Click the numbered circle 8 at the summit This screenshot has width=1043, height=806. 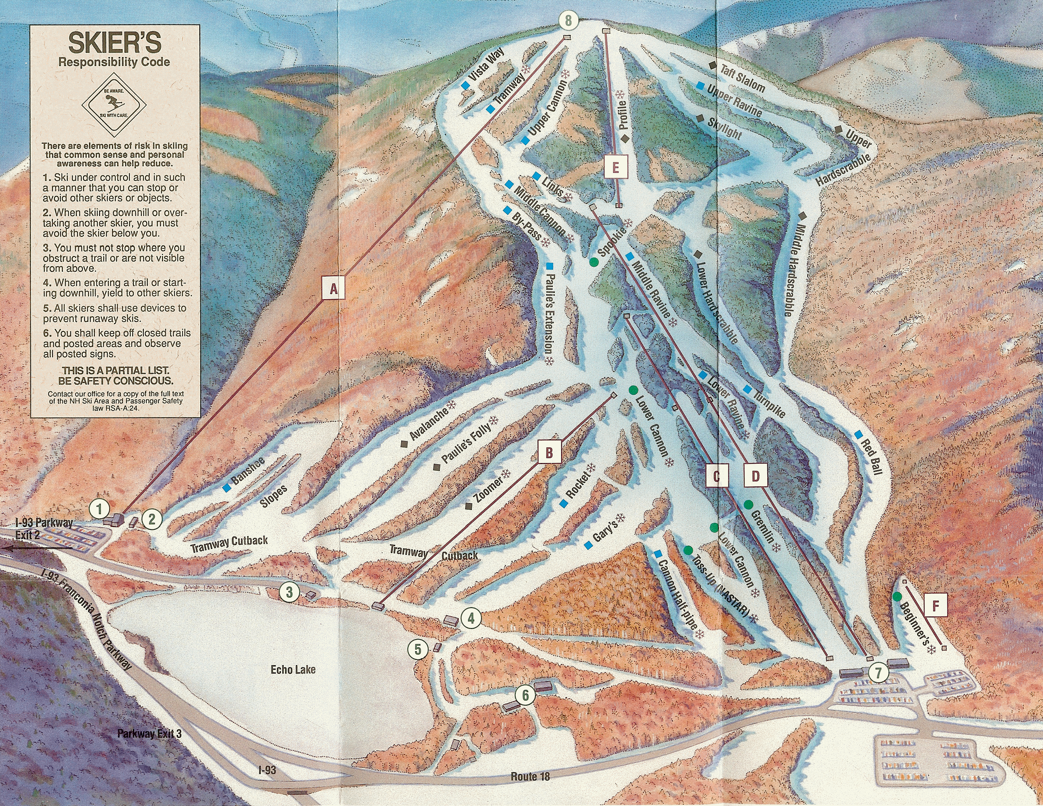(x=568, y=21)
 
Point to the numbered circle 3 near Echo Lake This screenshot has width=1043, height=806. (x=289, y=592)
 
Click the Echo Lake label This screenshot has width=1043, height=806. (x=293, y=669)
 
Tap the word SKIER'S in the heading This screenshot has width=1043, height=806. (x=115, y=43)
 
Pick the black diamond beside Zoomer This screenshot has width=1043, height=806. (x=469, y=506)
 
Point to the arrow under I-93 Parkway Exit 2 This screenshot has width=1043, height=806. (x=36, y=549)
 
